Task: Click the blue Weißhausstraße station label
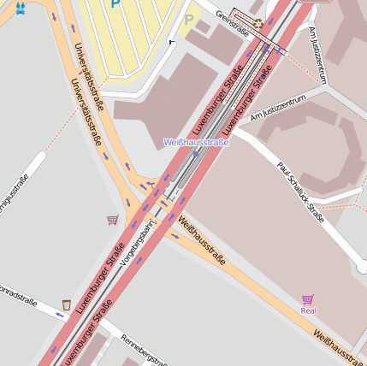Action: [196, 142]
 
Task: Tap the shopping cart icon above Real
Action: [307, 299]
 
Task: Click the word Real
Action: [308, 310]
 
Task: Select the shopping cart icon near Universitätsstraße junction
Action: [112, 220]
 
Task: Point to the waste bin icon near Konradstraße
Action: [67, 304]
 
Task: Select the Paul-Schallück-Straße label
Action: [300, 192]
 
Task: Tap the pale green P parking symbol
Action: [188, 19]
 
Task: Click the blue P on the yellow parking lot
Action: [115, 4]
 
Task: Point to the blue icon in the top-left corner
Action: [20, 8]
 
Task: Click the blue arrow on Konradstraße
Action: [59, 315]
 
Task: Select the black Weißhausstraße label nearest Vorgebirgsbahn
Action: [202, 240]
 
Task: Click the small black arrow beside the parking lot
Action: [172, 40]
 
